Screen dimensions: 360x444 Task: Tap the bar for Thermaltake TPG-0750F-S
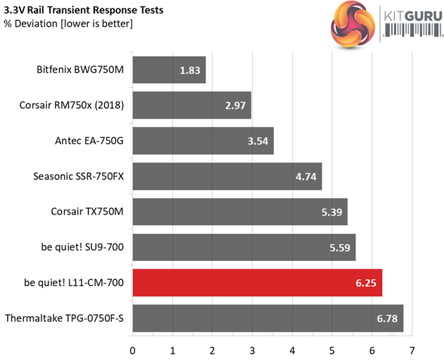pyautogui.click(x=267, y=319)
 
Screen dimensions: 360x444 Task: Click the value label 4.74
pyautogui.click(x=305, y=176)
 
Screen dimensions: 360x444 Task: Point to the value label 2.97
pyautogui.click(x=235, y=105)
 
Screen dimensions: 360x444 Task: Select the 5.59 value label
pyautogui.click(x=339, y=247)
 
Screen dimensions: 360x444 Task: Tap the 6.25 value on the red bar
pyautogui.click(x=366, y=283)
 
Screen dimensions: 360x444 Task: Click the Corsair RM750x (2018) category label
pyautogui.click(x=72, y=105)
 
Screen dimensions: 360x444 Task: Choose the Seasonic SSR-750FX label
pyautogui.click(x=78, y=176)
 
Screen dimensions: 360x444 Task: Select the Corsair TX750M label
pyautogui.click(x=87, y=212)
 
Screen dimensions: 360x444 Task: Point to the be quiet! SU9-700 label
pyautogui.click(x=82, y=247)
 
